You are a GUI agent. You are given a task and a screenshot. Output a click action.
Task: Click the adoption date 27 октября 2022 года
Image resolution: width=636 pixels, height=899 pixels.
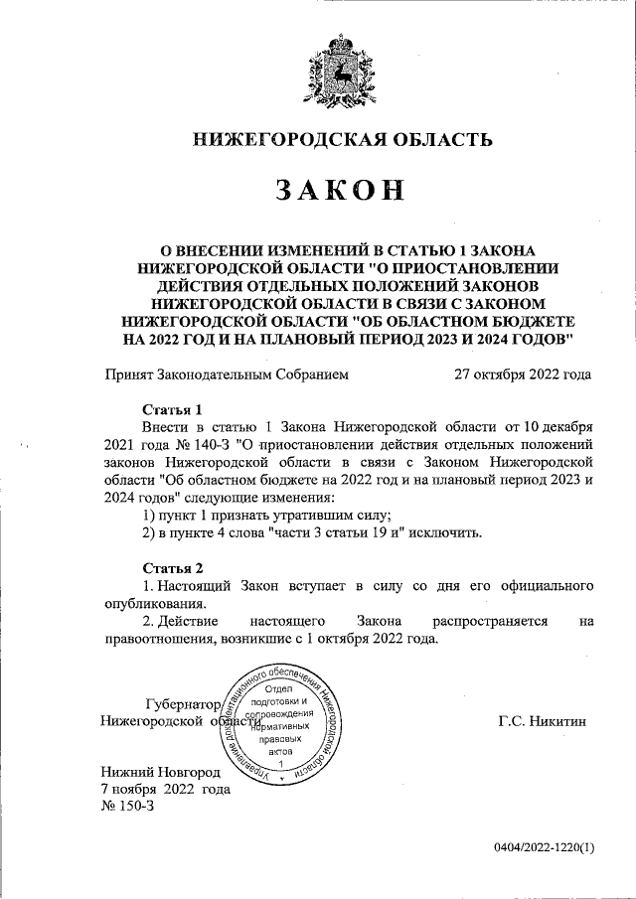click(522, 375)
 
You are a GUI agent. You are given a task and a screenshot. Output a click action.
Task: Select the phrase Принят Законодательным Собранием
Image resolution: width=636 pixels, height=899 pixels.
click(227, 375)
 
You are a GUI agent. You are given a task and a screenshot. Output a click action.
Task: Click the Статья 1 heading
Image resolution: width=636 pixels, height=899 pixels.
click(173, 409)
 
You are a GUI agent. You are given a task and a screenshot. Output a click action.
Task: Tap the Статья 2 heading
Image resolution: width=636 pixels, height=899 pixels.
click(173, 567)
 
